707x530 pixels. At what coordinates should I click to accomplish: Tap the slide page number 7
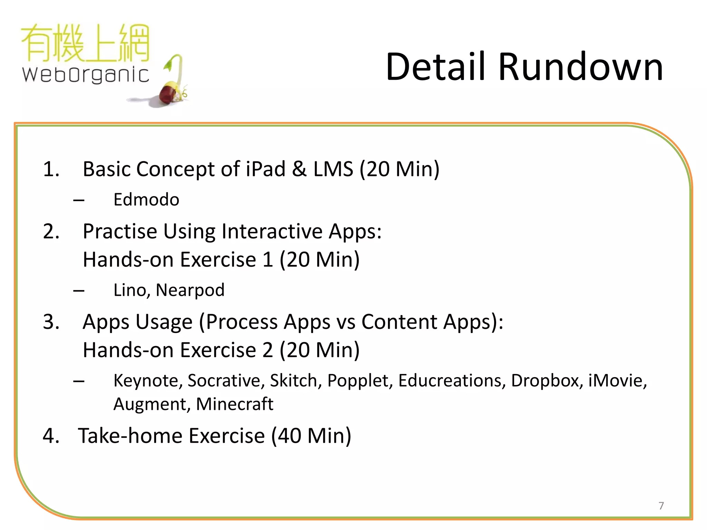[x=661, y=506]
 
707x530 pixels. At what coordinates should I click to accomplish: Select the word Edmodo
[x=146, y=199]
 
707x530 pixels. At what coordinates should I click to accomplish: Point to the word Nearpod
[x=190, y=290]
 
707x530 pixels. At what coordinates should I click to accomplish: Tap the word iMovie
[x=617, y=381]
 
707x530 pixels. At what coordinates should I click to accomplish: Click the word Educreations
[x=452, y=381]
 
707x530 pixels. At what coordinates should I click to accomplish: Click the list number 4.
[x=51, y=435]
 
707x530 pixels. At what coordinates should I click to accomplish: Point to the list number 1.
[x=51, y=169]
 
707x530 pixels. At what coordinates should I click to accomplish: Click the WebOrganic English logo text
[x=86, y=75]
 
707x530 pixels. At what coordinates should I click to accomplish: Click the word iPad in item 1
[x=266, y=169]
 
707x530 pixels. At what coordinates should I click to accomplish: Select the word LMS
[x=333, y=169]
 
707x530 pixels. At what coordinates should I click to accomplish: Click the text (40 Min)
[x=311, y=435]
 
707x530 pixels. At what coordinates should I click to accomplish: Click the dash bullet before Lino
[x=79, y=290]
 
